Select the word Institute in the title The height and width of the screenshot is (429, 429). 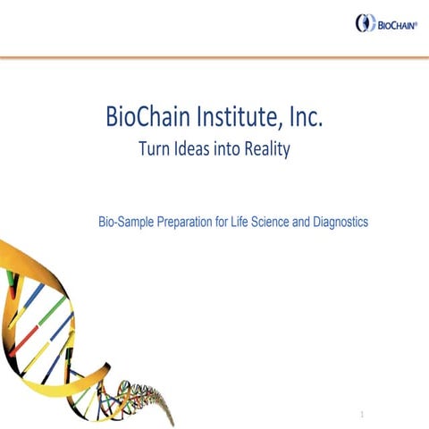click(x=231, y=117)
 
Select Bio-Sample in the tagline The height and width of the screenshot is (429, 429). click(x=126, y=220)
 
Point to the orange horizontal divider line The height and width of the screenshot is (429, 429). click(x=214, y=57)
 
